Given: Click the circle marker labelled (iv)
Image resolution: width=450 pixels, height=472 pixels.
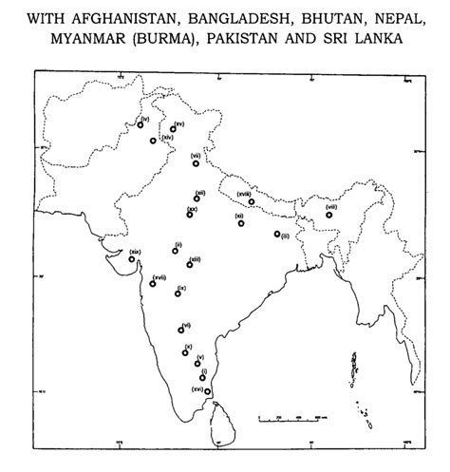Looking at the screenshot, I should coord(141,124).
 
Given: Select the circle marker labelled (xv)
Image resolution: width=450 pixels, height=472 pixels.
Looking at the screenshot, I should coord(173,128).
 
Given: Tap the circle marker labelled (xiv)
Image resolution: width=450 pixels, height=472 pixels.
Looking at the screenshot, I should coord(154,142).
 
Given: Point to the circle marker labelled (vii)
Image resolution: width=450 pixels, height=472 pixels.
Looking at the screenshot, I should coord(196,163).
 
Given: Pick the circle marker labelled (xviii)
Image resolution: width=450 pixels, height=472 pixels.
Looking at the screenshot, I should coord(252,202).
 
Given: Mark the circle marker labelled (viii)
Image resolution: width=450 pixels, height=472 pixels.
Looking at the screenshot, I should coord(329,215).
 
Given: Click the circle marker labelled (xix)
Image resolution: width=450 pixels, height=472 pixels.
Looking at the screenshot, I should coord(132,258).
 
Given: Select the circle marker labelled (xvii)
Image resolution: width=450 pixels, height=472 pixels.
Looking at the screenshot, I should coord(151,285).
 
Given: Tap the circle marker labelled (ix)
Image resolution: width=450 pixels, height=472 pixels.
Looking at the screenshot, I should coord(178,294).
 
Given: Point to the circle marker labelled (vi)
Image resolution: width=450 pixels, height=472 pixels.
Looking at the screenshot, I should coord(180,330).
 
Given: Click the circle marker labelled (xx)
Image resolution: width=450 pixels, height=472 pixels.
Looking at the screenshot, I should coord(190,215).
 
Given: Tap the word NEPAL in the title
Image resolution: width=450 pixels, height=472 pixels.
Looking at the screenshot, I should coord(389,18).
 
